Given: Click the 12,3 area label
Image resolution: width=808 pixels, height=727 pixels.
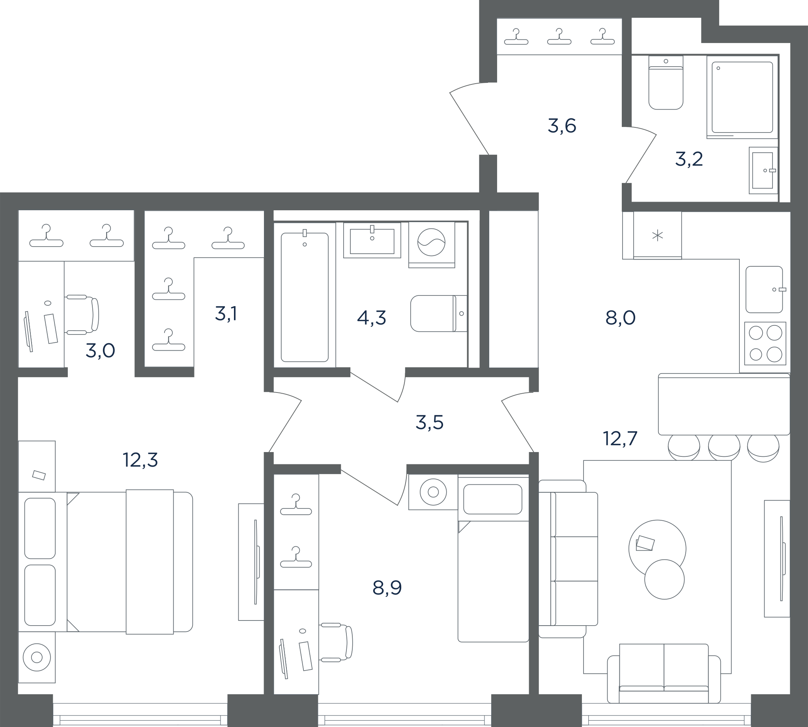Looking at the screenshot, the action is [x=140, y=460].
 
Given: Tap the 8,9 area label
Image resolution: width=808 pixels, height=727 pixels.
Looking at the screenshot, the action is [x=387, y=588].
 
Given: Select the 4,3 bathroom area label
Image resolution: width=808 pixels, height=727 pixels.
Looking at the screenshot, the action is [x=372, y=318].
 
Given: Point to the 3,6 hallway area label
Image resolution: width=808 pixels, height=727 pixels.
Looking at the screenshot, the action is [x=562, y=126].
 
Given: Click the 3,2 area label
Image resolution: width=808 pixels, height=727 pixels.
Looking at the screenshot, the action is [x=689, y=159].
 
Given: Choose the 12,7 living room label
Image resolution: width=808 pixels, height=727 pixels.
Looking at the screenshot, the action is [x=620, y=438].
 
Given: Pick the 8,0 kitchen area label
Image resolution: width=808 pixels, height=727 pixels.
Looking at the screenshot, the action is [x=621, y=318].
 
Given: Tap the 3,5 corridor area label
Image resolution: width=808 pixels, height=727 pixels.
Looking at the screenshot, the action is [x=430, y=422].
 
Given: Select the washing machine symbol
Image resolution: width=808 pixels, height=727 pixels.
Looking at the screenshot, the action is [x=432, y=245].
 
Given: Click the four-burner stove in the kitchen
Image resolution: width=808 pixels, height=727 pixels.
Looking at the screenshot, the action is [x=765, y=344].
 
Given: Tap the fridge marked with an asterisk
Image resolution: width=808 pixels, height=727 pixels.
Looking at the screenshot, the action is [x=657, y=235].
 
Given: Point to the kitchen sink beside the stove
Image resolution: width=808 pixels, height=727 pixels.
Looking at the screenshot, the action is [x=765, y=290].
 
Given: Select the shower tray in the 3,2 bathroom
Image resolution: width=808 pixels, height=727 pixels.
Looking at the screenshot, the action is [x=742, y=97].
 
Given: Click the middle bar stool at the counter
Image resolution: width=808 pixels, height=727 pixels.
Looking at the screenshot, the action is [x=724, y=447].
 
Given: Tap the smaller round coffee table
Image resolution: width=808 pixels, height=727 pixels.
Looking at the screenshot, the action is [x=664, y=579].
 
